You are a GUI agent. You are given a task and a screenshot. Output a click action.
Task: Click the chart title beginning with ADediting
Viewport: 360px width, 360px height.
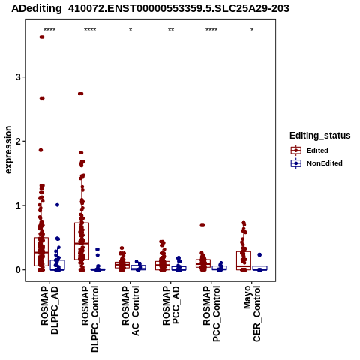point(150,8)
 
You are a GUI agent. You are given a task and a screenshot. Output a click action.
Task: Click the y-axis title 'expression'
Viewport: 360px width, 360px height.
point(8,150)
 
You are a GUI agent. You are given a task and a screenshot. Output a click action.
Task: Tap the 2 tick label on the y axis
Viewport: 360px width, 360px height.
point(18,141)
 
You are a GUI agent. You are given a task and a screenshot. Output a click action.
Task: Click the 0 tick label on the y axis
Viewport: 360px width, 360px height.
point(18,270)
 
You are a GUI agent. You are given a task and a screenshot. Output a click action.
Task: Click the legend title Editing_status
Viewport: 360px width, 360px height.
point(320,136)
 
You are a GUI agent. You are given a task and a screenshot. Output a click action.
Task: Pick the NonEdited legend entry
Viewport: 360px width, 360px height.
point(316,163)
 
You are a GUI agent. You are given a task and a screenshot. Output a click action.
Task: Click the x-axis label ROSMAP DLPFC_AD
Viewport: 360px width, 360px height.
point(49,310)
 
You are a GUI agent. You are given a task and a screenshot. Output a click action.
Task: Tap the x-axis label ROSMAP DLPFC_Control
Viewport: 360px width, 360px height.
point(90,319)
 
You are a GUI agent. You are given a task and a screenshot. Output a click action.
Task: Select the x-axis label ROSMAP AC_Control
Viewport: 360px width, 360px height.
point(130,310)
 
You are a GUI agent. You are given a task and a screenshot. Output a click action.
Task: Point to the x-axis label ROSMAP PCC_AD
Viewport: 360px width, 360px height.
point(171,305)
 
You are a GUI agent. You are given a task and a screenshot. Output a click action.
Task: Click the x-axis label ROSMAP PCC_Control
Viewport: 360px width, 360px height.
point(211,313)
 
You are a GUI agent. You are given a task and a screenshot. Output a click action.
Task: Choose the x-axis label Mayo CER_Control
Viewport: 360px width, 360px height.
point(252,313)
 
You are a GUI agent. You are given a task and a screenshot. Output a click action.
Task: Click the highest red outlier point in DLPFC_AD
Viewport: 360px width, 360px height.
point(42,37)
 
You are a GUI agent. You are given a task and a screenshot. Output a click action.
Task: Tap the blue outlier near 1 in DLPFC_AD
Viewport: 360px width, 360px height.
point(57,205)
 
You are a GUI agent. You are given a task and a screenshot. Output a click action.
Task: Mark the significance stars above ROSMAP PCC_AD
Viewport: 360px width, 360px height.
point(171,30)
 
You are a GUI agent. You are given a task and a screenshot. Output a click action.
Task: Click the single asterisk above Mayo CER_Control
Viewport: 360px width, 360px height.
point(252,30)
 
